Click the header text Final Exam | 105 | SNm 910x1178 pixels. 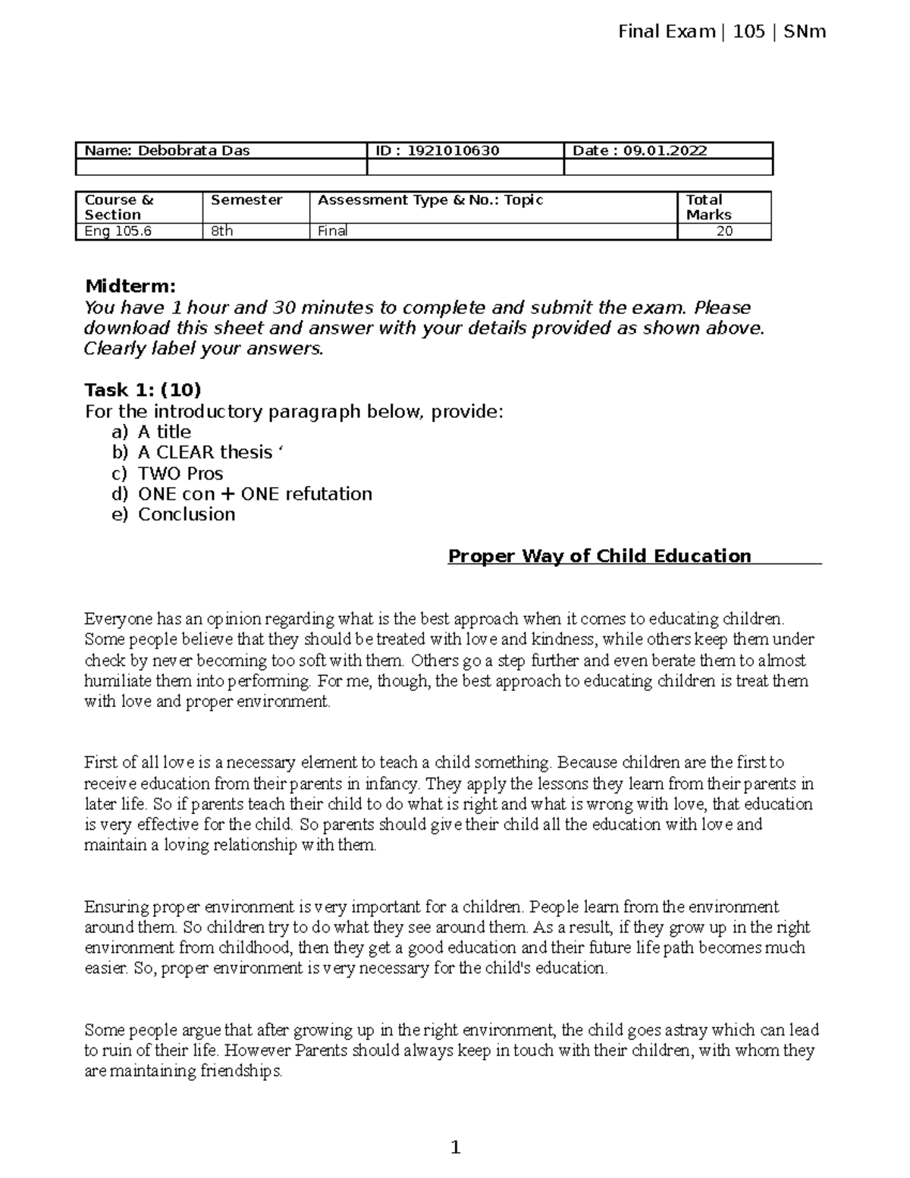[x=721, y=32]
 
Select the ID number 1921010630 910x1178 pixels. [x=453, y=150]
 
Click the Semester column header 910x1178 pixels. [x=246, y=200]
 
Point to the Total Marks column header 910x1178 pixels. [x=708, y=207]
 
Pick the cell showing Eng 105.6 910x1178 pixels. [x=118, y=231]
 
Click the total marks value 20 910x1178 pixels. [x=724, y=231]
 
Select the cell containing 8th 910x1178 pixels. [x=222, y=231]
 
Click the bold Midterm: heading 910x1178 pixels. [x=130, y=286]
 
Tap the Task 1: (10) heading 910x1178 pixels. [x=143, y=390]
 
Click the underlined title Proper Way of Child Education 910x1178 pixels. [x=599, y=556]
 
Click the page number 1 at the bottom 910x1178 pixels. [x=455, y=1148]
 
